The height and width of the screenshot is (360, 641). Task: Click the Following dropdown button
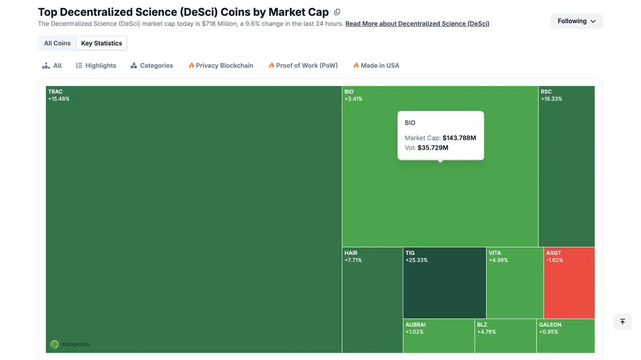(x=576, y=21)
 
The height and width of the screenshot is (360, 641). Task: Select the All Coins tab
(x=57, y=43)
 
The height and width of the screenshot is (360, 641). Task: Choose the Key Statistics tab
(x=102, y=43)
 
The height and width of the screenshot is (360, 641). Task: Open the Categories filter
(x=152, y=65)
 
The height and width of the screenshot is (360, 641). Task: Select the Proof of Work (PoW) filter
(x=303, y=65)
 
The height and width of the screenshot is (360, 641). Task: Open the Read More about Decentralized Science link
(x=417, y=24)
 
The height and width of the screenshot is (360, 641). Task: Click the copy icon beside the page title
(x=337, y=12)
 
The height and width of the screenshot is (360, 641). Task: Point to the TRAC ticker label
(x=56, y=92)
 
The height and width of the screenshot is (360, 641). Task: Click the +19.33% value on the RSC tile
(x=551, y=99)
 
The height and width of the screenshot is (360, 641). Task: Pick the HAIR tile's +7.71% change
(x=353, y=261)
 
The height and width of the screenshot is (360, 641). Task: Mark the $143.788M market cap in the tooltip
(x=459, y=138)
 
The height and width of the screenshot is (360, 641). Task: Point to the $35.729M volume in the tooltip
(x=433, y=148)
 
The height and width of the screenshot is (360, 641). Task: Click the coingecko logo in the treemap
(x=70, y=344)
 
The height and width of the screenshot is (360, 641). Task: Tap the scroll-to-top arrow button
(x=622, y=321)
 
